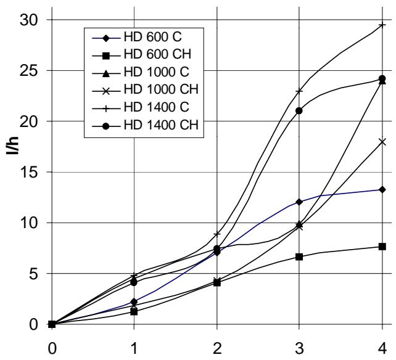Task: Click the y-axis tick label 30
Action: pos(28,20)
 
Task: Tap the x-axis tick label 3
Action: pos(299,349)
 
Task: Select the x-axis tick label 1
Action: pos(134,349)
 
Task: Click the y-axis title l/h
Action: pos(12,145)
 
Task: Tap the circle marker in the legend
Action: pos(106,126)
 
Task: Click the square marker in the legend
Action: pos(106,55)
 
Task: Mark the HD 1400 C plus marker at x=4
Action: pos(382,25)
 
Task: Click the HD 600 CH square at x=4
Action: pos(382,247)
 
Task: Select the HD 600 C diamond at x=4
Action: pos(382,190)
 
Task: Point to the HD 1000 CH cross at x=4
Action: pos(382,142)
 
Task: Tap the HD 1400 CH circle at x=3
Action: pos(299,110)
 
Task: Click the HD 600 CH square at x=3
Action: pos(299,257)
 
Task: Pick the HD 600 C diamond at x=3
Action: pos(299,202)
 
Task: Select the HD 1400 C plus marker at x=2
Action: pos(217,234)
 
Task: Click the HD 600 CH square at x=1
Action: pos(134,312)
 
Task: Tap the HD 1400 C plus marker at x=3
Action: pos(299,91)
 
